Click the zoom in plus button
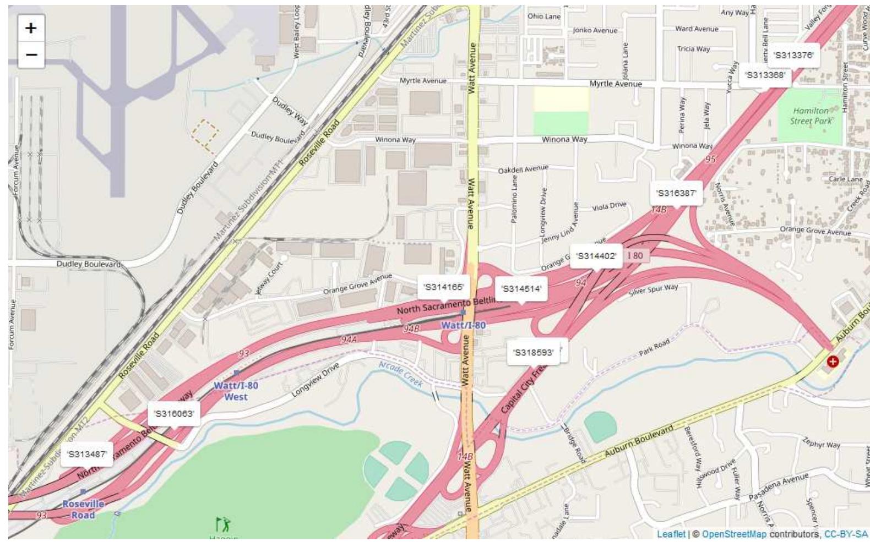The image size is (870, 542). click(x=31, y=28)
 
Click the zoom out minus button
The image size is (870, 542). click(x=31, y=55)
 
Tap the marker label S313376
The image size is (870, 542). click(x=793, y=55)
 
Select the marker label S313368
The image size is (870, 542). click(x=764, y=75)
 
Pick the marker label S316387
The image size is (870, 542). click(x=676, y=193)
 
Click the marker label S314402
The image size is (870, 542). click(x=596, y=256)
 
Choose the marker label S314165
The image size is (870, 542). click(x=443, y=287)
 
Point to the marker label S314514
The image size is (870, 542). click(x=521, y=289)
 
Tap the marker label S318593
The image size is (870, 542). click(x=532, y=353)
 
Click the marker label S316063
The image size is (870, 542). click(x=173, y=414)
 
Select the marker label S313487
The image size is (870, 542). click(x=86, y=454)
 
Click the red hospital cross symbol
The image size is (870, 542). click(x=832, y=362)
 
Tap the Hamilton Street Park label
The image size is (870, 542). click(x=811, y=116)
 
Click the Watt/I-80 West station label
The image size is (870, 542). click(x=236, y=391)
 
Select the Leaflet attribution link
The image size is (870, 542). click(x=671, y=534)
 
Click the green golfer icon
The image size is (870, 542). click(x=223, y=524)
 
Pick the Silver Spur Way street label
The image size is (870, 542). click(x=654, y=289)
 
